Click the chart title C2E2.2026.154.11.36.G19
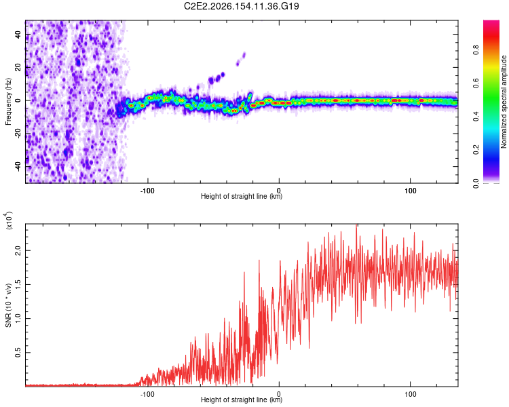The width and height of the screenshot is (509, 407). tap(241, 6)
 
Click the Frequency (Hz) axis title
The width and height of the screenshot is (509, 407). tap(8, 102)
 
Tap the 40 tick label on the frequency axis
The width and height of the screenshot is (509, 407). tap(18, 34)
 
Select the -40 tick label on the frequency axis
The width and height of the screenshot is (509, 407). tap(18, 167)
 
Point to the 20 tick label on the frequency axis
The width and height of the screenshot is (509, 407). tap(18, 67)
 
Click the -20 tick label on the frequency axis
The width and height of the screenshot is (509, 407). tap(18, 134)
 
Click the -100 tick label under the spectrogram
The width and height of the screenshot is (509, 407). tap(147, 191)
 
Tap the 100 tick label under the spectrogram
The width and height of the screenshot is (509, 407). tap(411, 191)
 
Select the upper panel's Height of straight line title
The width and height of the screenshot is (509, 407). tap(242, 196)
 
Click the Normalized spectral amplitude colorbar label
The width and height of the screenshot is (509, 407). tap(504, 102)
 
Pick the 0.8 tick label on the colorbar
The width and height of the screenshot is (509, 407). tap(476, 50)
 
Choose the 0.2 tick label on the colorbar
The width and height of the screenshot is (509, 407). tap(476, 150)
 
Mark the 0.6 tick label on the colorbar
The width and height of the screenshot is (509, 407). tap(476, 83)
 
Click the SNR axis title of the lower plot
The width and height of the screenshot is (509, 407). tap(8, 305)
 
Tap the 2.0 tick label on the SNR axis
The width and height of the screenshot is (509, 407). tap(18, 250)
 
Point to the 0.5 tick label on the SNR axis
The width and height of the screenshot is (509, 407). tap(18, 353)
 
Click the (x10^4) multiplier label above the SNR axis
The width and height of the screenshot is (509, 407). tap(9, 220)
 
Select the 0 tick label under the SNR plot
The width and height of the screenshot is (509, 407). tap(279, 394)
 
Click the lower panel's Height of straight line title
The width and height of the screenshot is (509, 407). tap(242, 400)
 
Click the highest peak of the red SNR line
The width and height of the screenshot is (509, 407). tap(356, 225)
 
